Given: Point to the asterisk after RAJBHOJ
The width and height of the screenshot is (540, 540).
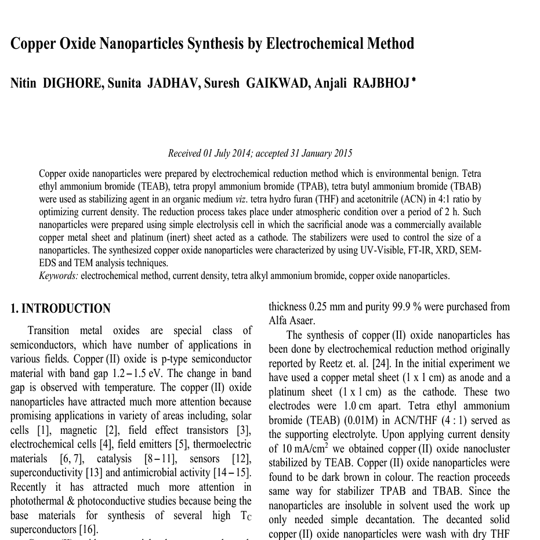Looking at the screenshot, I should pos(413,80).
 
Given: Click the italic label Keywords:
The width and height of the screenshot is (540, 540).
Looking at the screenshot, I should pos(58,276).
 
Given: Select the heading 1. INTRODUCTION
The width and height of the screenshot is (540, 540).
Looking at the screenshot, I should pos(60,309).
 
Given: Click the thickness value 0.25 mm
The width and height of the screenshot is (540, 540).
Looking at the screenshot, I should pos(329,307).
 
